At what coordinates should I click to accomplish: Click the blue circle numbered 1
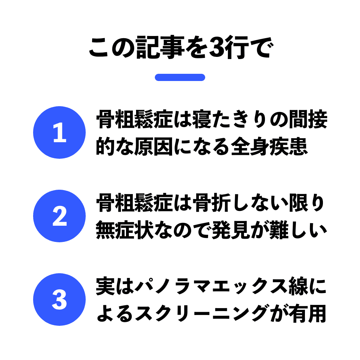(59, 132)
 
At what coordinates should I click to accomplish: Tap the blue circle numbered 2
(59, 216)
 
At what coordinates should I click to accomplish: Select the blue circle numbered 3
(59, 300)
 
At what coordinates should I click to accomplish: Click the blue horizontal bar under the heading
(180, 77)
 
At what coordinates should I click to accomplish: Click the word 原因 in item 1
(153, 147)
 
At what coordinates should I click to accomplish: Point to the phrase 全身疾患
(269, 147)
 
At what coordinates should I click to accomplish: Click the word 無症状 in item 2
(125, 230)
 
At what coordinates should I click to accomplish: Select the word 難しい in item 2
(298, 230)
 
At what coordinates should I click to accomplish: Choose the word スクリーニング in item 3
(202, 314)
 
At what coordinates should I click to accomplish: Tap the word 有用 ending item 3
(308, 314)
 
